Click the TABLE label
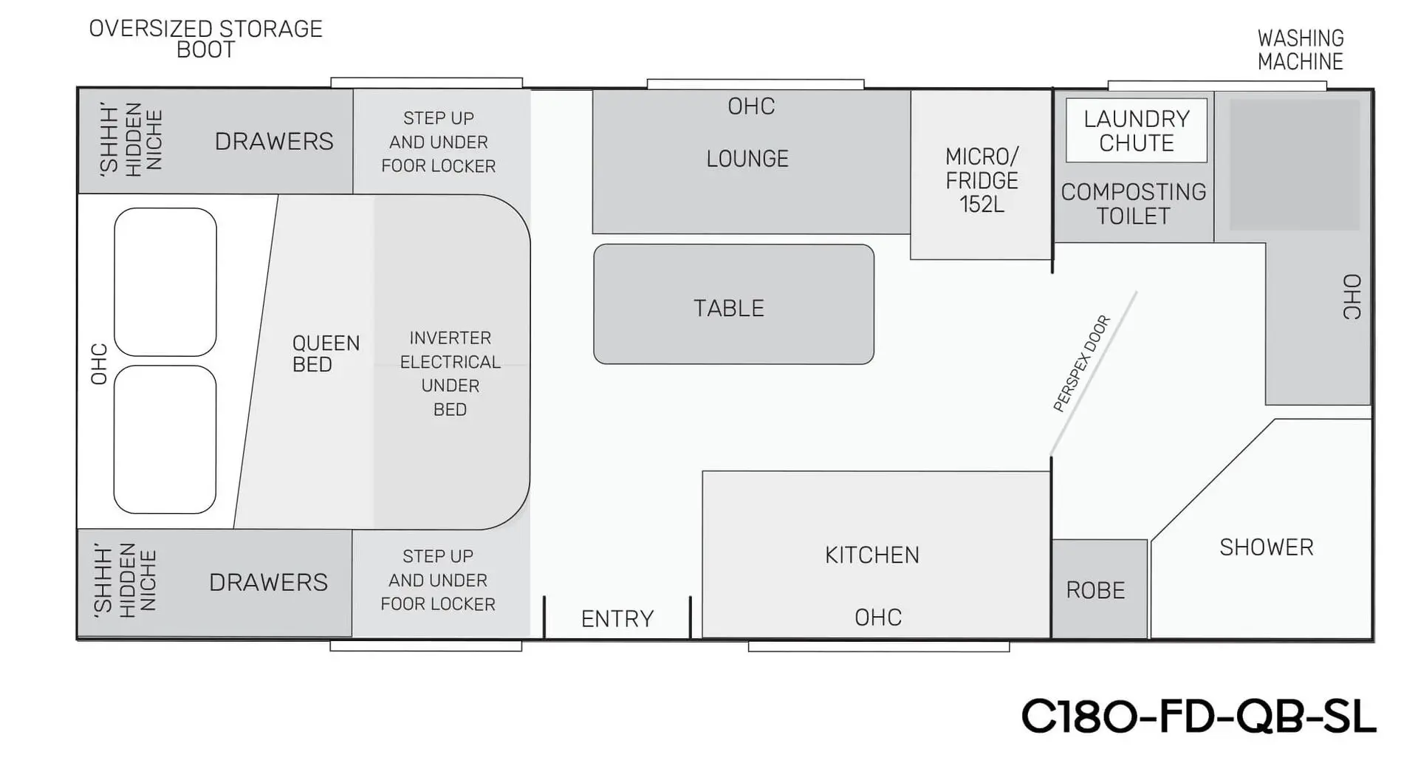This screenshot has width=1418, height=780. tap(729, 308)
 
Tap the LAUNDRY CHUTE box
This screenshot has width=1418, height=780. tap(1136, 131)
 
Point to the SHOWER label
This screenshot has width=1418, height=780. tap(1266, 547)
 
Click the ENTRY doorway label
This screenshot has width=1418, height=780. tap(617, 618)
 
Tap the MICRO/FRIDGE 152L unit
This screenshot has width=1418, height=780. tap(982, 179)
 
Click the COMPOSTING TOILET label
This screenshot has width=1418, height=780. tap(1133, 204)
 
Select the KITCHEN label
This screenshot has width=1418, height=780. tap(872, 555)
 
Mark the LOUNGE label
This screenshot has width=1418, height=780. tap(747, 159)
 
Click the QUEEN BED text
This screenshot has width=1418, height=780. tap(326, 354)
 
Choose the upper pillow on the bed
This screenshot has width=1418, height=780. tap(165, 281)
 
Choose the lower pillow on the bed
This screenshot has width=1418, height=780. tap(165, 439)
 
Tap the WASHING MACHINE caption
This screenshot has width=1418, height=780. tap(1300, 49)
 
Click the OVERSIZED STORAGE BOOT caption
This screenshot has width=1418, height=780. tap(205, 39)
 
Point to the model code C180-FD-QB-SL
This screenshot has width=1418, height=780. tap(1198, 716)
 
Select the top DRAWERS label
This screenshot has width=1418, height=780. tap(274, 141)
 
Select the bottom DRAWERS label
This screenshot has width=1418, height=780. tap(268, 582)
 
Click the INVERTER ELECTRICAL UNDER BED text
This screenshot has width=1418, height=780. tap(450, 373)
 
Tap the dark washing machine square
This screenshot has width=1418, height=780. tap(1293, 165)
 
